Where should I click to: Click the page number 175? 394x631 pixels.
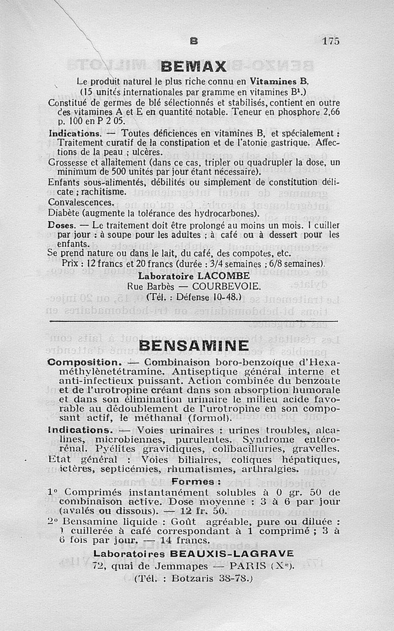(x=331, y=41)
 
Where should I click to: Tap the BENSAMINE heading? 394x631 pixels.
(x=194, y=346)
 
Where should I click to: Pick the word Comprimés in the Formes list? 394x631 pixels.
(x=93, y=492)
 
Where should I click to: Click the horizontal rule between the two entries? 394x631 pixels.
(x=194, y=321)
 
